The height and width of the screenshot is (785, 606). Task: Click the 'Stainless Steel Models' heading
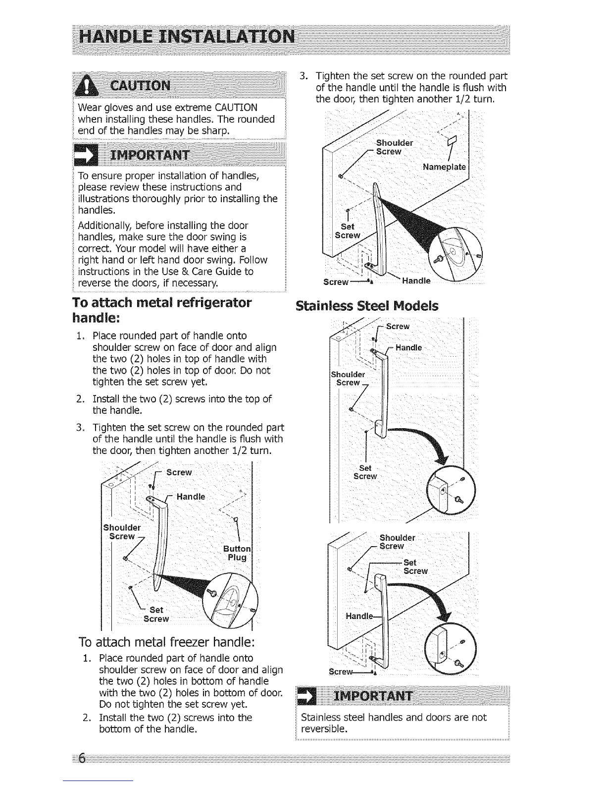pyautogui.click(x=366, y=305)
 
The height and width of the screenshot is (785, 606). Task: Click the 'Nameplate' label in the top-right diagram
pyautogui.click(x=444, y=167)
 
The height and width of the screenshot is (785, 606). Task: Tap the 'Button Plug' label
pyautogui.click(x=237, y=553)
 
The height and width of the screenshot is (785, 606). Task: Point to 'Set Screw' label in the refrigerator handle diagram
pyautogui.click(x=156, y=615)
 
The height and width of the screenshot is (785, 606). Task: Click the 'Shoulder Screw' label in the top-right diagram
pyautogui.click(x=394, y=147)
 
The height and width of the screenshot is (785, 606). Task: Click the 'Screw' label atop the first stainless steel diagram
pyautogui.click(x=397, y=326)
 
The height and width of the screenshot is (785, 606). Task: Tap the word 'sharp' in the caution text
pyautogui.click(x=215, y=131)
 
